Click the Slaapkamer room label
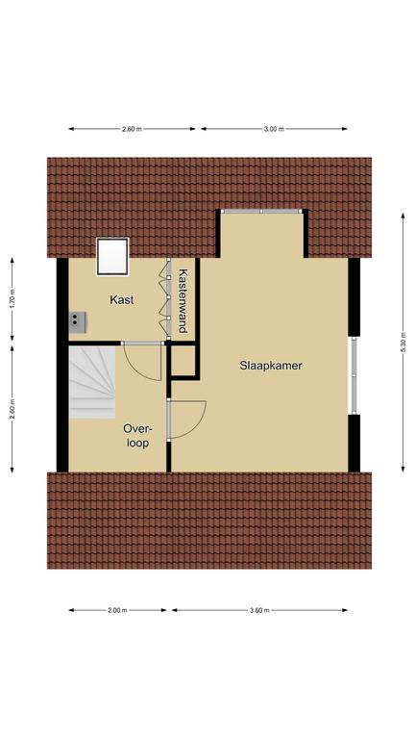pos(271,366)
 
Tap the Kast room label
pos(121,300)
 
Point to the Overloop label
pos(137,436)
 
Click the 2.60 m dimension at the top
pos(132,129)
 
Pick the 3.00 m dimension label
pos(274,129)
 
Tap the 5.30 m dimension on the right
pos(403,343)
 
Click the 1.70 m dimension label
pos(12,299)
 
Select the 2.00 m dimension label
pos(117,610)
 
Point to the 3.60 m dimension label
pos(259,610)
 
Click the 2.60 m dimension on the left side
pos(12,408)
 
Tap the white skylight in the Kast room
pos(112,256)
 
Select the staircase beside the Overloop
pos(92,382)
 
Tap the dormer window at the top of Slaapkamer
pos(261,212)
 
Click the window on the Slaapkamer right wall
pos(354,375)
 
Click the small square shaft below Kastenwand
pos(183,362)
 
